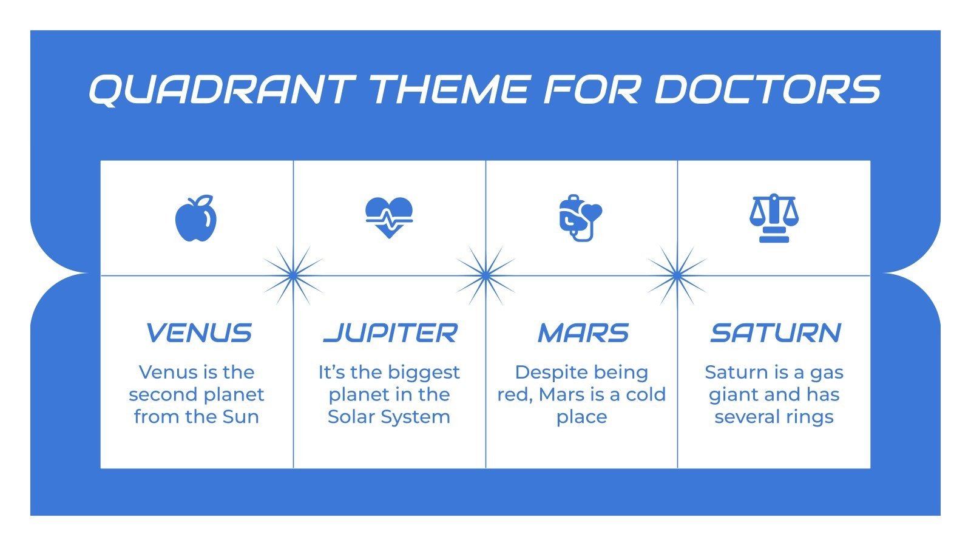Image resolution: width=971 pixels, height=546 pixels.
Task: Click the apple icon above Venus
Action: pyautogui.click(x=196, y=219)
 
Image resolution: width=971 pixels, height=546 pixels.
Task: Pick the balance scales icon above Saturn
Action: pyautogui.click(x=774, y=218)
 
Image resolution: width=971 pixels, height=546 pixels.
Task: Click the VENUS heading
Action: pyautogui.click(x=198, y=333)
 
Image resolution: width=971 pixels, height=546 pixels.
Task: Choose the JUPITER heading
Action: pyautogui.click(x=390, y=333)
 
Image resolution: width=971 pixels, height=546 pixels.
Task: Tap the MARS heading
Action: pyautogui.click(x=583, y=333)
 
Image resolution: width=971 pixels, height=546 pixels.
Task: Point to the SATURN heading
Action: pyautogui.click(x=775, y=333)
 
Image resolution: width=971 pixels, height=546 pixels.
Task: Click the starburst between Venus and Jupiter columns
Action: pyautogui.click(x=293, y=275)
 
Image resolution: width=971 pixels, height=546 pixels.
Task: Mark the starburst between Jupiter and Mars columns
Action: pyautogui.click(x=486, y=275)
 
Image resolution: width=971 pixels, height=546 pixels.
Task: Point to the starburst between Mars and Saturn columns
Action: pyautogui.click(x=677, y=275)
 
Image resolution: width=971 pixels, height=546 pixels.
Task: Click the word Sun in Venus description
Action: pyautogui.click(x=241, y=417)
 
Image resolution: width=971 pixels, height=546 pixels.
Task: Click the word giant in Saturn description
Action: pyautogui.click(x=731, y=395)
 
